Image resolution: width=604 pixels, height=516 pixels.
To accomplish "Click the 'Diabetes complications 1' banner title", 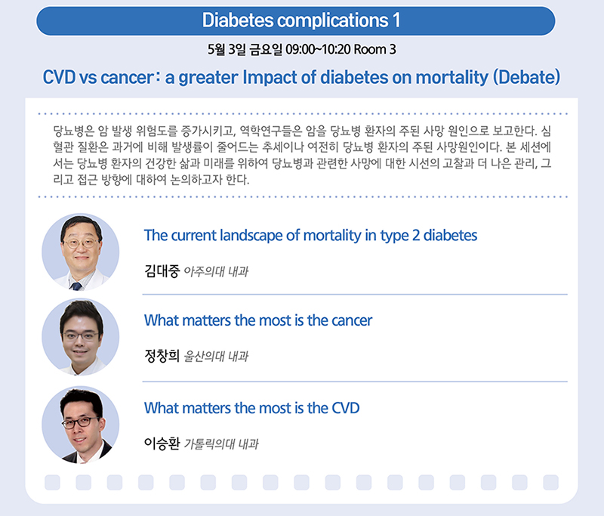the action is click(x=301, y=20).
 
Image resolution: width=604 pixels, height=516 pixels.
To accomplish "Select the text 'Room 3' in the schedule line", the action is click(x=374, y=50).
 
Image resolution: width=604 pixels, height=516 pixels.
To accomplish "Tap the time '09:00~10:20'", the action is click(x=318, y=50).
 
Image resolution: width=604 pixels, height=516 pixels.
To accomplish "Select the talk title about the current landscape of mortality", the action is click(x=310, y=236).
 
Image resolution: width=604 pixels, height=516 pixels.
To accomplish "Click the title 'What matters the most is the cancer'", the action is click(x=258, y=320).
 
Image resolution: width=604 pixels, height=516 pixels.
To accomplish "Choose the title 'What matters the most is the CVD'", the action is click(x=252, y=408).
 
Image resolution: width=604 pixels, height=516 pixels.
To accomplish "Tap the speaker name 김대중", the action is click(x=162, y=271).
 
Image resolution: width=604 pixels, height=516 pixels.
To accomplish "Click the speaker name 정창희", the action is click(x=162, y=356).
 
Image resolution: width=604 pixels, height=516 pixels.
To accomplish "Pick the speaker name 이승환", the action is click(x=162, y=443).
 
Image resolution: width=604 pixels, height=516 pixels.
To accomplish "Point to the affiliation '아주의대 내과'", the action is click(x=216, y=271).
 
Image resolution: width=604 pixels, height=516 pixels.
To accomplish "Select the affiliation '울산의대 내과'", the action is click(x=216, y=356).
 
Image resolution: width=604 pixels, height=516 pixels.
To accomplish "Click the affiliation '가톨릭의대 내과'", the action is click(x=221, y=444).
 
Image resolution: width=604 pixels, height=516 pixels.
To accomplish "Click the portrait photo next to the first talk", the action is click(x=81, y=252).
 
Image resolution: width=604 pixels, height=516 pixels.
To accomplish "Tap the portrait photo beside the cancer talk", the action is click(x=81, y=337).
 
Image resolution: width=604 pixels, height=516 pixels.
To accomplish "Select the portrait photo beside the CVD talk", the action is click(x=81, y=425).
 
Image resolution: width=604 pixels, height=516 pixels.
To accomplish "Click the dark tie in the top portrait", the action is click(x=76, y=286).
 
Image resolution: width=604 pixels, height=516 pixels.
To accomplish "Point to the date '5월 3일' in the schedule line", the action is click(x=226, y=50).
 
